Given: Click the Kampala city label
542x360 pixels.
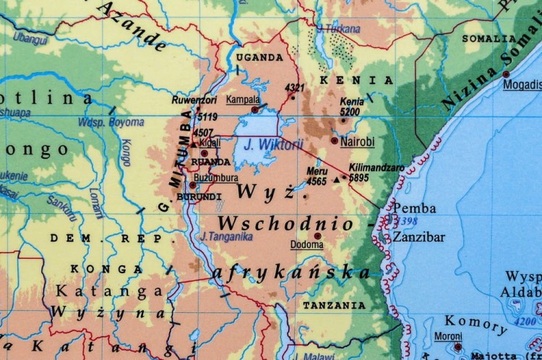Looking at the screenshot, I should tap(244, 99).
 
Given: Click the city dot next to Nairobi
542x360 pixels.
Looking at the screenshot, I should tap(334, 140).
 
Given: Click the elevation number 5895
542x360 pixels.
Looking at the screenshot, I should tap(358, 177).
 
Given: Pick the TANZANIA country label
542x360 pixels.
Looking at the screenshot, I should tap(334, 306).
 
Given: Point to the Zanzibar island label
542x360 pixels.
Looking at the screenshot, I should tap(419, 236).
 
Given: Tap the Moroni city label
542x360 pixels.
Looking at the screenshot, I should tap(448, 336).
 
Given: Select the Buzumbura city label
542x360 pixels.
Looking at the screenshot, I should tap(217, 178).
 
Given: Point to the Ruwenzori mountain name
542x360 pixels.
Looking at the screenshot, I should tap(194, 100).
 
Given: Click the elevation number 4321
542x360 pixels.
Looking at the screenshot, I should tap(295, 88).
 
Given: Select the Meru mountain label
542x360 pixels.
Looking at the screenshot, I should tap(317, 171).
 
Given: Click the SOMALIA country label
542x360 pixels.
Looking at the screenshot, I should tap(489, 38).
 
